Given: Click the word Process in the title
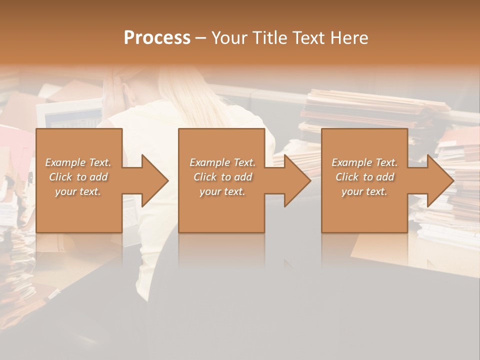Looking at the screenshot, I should pyautogui.click(x=157, y=38).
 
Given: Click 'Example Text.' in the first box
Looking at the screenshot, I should pyautogui.click(x=78, y=162).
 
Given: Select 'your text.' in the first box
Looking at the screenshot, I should pyautogui.click(x=78, y=191).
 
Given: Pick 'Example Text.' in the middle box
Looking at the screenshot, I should pyautogui.click(x=222, y=162).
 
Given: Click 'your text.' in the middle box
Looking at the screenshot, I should pyautogui.click(x=222, y=191).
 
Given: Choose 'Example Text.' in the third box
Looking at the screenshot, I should pyautogui.click(x=364, y=162).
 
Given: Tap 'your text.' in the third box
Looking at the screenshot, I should pyautogui.click(x=364, y=191).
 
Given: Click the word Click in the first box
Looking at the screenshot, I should pyautogui.click(x=61, y=177).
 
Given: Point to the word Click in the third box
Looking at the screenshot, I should pyautogui.click(x=347, y=177).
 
